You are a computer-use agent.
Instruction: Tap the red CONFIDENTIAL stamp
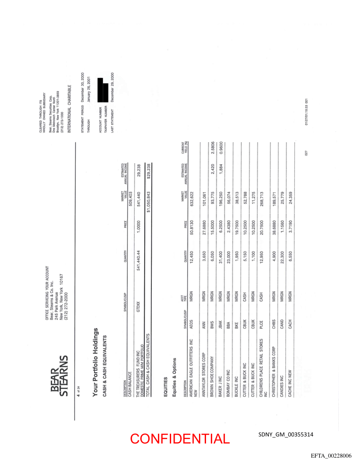click(x=180, y=439)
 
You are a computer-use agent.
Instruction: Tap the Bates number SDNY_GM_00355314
click(x=285, y=435)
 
